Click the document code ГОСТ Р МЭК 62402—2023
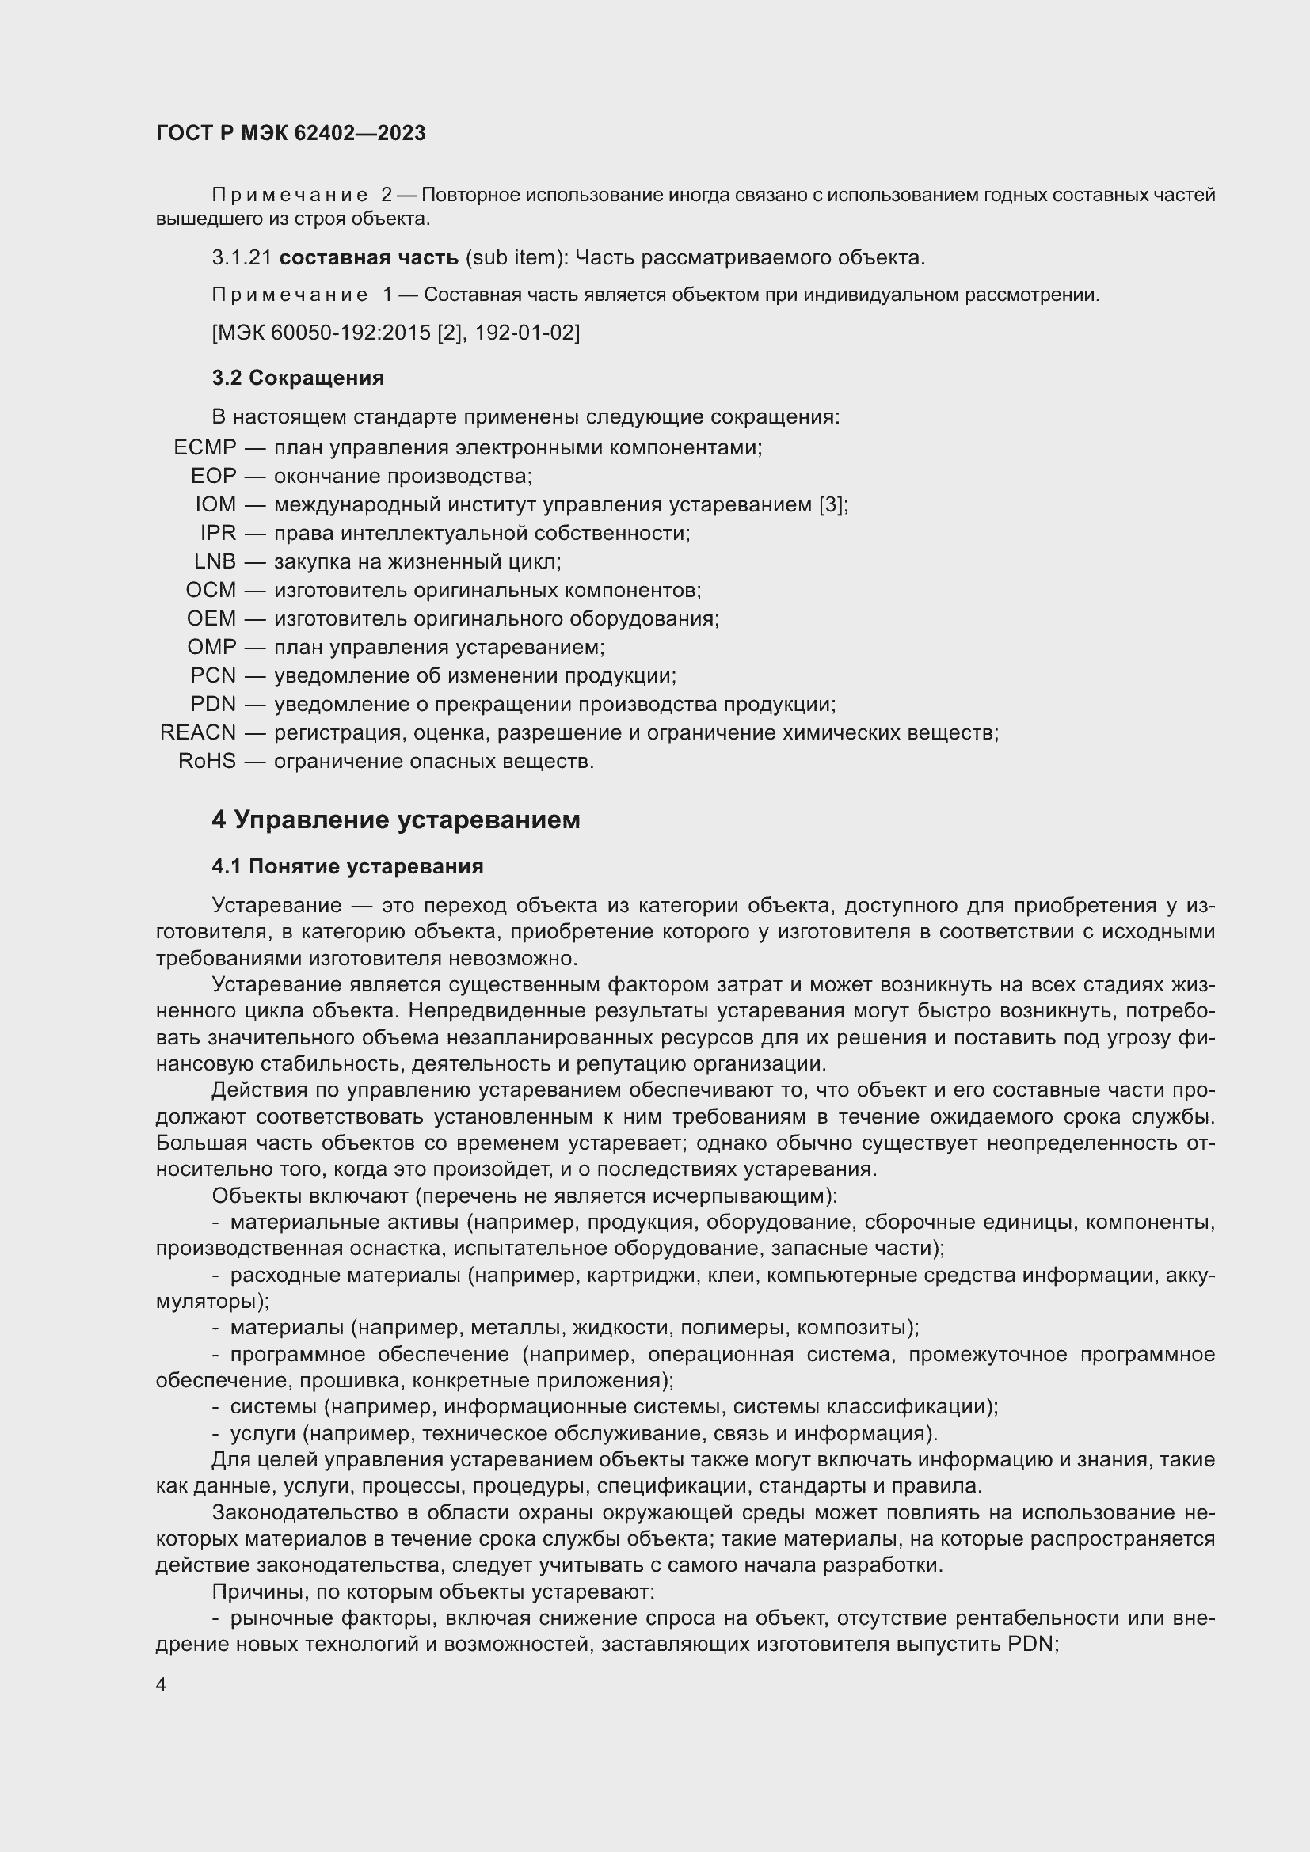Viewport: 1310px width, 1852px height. pos(291,133)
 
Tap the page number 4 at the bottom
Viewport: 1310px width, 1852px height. pos(162,1685)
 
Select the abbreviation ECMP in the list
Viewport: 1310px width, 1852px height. pos(205,447)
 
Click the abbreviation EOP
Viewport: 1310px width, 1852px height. pos(214,476)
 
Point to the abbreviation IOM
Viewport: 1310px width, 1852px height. pos(215,504)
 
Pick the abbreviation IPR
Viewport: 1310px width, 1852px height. pos(218,533)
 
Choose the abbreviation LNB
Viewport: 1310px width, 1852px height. pos(215,561)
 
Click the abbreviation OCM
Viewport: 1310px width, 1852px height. pos(211,591)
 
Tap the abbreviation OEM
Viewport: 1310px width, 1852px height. pos(211,618)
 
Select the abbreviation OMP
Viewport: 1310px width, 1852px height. pos(211,647)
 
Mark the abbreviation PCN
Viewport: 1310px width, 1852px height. pos(213,676)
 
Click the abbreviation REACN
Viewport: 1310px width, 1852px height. pos(198,732)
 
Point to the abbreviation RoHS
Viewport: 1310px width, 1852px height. pos(207,762)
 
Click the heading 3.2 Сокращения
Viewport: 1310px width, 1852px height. pos(298,378)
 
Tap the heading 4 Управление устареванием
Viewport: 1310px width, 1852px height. pos(395,820)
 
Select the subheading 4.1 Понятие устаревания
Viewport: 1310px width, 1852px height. pos(347,866)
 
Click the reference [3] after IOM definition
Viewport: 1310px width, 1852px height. pos(830,505)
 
